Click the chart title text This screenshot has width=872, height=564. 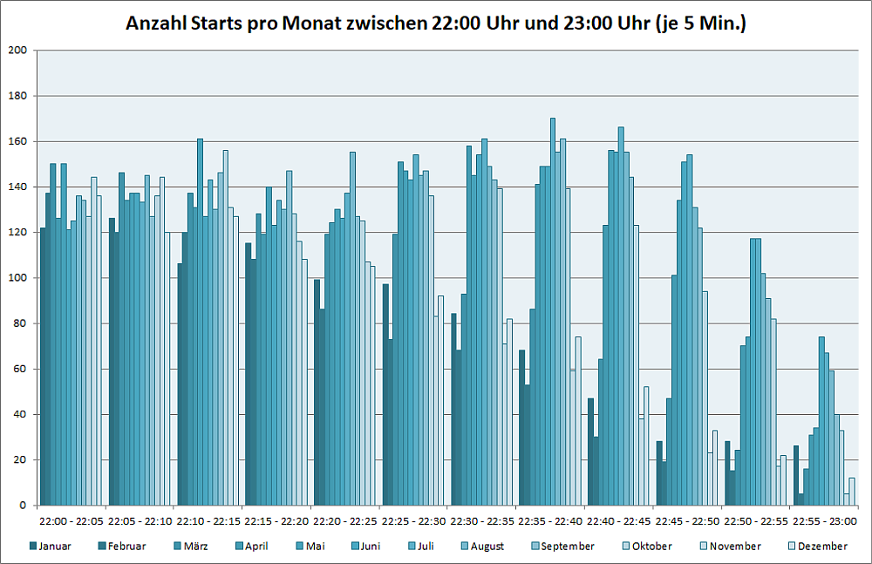(436, 24)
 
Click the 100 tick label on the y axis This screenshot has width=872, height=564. (17, 278)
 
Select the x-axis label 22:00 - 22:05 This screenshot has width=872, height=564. (72, 521)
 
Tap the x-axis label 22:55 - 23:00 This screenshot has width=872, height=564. (825, 521)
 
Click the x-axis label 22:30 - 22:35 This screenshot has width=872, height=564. (482, 521)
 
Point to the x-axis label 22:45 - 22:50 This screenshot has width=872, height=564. (688, 521)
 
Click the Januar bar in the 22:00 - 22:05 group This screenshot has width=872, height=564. (44, 366)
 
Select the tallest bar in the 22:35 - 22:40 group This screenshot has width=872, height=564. (553, 312)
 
